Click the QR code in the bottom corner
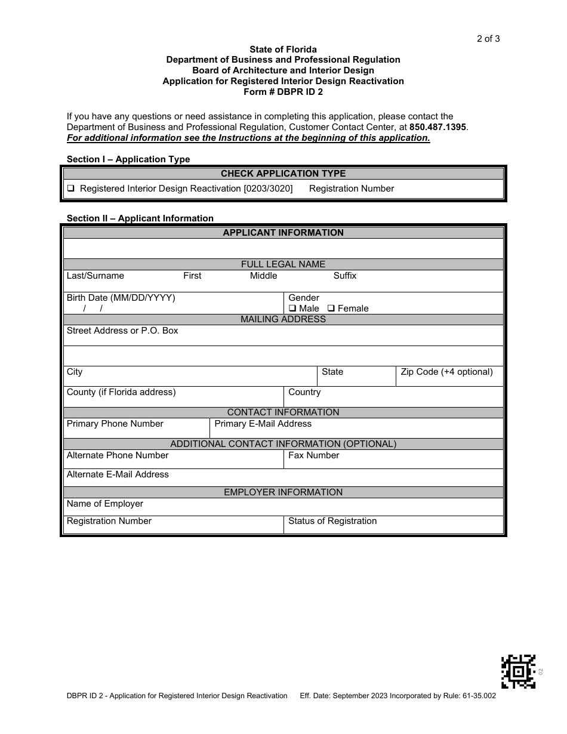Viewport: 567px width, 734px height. (x=518, y=671)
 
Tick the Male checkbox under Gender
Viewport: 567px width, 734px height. (x=292, y=309)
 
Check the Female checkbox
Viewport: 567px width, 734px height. (x=331, y=309)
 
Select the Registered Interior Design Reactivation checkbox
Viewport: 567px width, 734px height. (x=71, y=189)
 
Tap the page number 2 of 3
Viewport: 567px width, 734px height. (x=488, y=39)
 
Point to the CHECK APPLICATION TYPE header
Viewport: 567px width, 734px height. (x=283, y=174)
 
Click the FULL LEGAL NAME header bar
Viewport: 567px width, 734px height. (x=283, y=264)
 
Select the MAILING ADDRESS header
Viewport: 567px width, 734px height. (x=283, y=319)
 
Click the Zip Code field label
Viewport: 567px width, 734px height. (x=446, y=372)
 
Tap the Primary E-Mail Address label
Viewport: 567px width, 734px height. (x=263, y=424)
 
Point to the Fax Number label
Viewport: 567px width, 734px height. (x=313, y=455)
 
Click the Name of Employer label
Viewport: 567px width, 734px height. (x=104, y=504)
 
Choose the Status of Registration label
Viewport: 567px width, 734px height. (x=332, y=521)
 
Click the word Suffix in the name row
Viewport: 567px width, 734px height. (x=344, y=276)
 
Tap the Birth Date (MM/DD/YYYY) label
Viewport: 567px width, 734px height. (x=121, y=298)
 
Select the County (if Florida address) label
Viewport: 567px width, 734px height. (x=121, y=392)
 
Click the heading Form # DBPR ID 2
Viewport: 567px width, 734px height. (x=283, y=92)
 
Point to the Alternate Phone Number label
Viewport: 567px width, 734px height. (x=118, y=455)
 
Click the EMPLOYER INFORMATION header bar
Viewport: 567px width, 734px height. (x=283, y=492)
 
